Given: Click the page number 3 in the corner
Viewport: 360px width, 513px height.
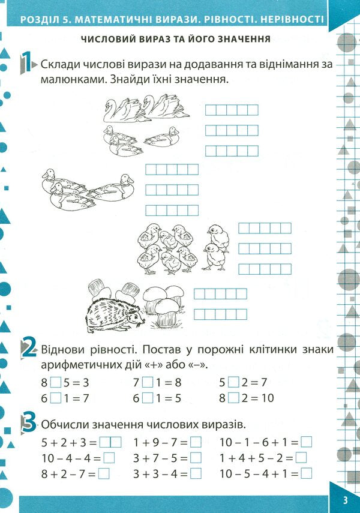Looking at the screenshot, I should click(x=346, y=501).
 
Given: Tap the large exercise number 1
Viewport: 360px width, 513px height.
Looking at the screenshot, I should click(x=26, y=63).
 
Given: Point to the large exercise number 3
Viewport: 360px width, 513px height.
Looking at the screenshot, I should click(x=28, y=423).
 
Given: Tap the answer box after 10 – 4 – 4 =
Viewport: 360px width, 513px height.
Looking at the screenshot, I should click(x=109, y=458).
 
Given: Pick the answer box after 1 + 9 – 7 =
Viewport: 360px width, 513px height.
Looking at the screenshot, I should click(x=196, y=442).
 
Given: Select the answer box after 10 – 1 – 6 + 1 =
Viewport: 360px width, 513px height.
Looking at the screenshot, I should click(x=307, y=442).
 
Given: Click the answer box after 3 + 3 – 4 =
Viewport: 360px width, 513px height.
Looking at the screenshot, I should click(x=196, y=473).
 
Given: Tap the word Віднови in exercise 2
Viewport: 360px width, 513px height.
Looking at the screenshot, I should click(x=61, y=349).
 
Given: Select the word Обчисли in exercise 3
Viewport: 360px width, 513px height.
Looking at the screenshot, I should click(x=63, y=424).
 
